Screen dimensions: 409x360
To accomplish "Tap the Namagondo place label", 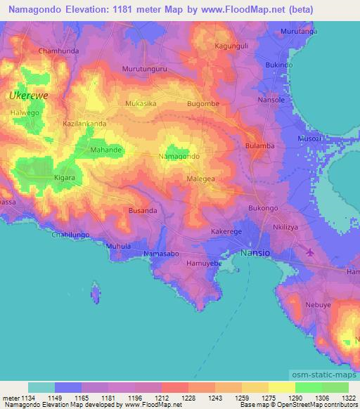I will click(x=179, y=155).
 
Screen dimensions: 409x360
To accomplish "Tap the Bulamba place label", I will click(x=259, y=145).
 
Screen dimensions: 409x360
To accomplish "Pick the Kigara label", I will click(x=65, y=178).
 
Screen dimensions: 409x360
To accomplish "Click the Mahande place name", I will click(x=107, y=150).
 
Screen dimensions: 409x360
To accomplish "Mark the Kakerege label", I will click(x=226, y=231).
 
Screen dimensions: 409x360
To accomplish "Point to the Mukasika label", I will click(x=141, y=103).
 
